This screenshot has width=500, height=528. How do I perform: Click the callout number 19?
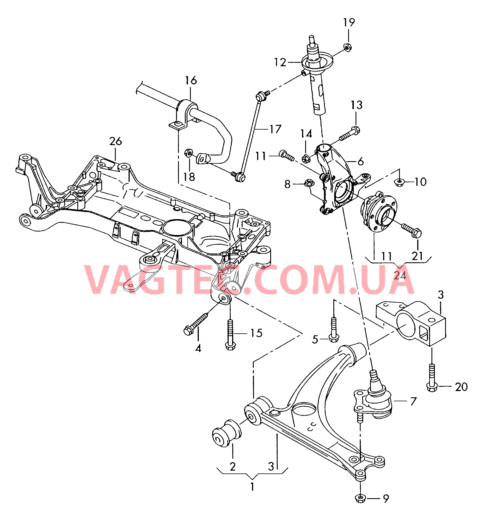point(349,22)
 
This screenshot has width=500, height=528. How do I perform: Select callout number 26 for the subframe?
point(115,141)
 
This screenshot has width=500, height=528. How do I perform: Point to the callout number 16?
point(191,81)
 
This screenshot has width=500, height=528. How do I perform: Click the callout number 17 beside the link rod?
point(275,129)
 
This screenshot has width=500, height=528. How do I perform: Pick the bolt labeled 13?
point(349,134)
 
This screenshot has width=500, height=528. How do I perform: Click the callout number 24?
point(400,275)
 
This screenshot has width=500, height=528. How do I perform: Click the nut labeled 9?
point(360,498)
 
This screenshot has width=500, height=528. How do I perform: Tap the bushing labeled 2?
point(226,434)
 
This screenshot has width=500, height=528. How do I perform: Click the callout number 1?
point(252,487)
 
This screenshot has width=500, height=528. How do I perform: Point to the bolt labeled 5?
point(334,329)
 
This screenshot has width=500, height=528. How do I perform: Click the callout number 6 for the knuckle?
point(361,161)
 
